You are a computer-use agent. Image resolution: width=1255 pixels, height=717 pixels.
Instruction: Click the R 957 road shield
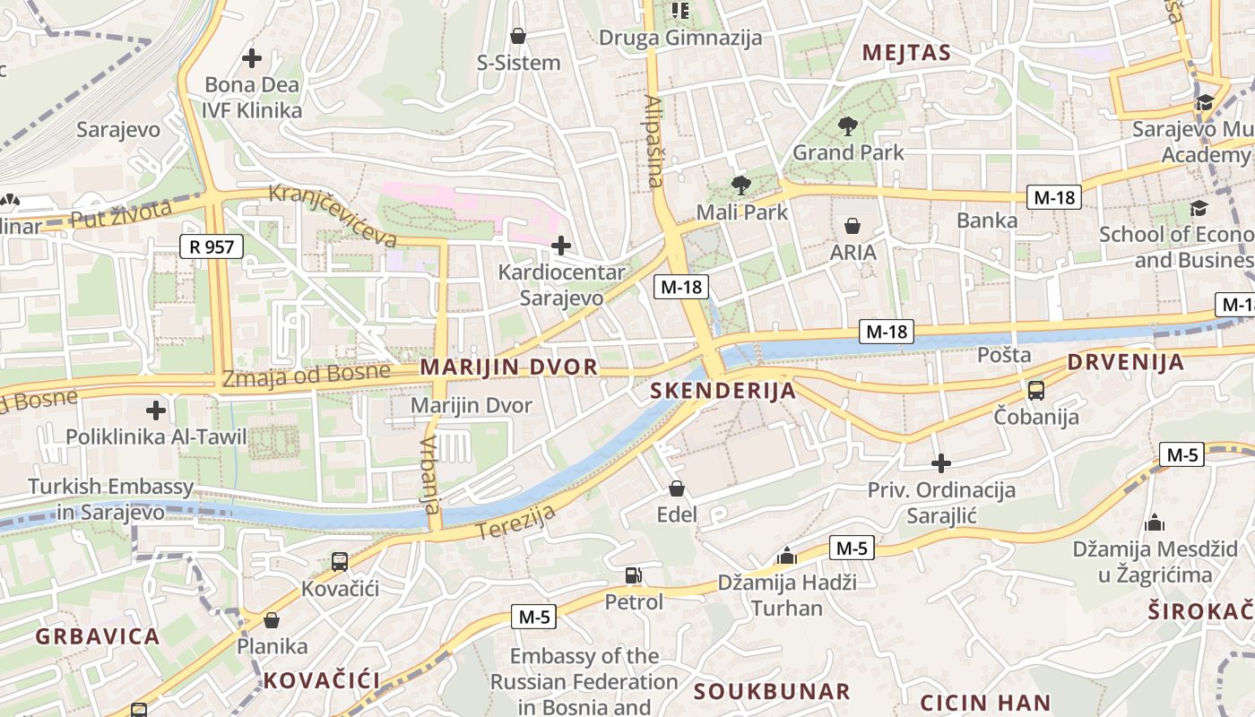tap(212, 246)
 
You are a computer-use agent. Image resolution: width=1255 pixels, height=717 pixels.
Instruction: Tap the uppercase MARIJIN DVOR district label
tap(508, 367)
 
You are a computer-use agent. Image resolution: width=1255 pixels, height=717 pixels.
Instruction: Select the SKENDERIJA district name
tap(723, 391)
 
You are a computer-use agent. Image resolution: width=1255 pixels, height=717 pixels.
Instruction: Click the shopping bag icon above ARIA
tap(852, 226)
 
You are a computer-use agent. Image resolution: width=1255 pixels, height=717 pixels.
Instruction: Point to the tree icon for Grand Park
tap(847, 126)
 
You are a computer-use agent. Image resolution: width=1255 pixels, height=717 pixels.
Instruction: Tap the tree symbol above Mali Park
tap(740, 186)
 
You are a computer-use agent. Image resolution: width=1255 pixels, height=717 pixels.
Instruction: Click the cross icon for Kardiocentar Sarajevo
tap(561, 245)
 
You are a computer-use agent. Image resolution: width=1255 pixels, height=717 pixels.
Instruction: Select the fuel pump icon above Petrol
tap(634, 575)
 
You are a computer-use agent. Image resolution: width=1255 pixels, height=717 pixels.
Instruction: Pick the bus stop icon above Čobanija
tap(1036, 390)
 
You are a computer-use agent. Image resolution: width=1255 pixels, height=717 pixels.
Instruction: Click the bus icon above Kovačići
tap(340, 562)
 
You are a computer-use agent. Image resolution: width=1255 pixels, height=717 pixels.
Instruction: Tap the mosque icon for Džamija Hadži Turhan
tap(787, 556)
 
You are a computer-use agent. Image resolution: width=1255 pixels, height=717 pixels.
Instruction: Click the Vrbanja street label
tap(430, 474)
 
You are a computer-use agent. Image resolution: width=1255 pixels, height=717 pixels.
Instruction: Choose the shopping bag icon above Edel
tap(677, 488)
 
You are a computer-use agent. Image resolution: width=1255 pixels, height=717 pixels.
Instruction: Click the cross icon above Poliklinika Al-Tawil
tap(156, 410)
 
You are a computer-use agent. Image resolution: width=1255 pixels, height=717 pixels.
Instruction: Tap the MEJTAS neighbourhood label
tap(906, 53)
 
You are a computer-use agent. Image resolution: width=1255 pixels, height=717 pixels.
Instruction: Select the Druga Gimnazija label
tap(679, 38)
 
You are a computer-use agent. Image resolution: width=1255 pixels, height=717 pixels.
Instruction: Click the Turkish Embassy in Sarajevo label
tap(111, 499)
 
